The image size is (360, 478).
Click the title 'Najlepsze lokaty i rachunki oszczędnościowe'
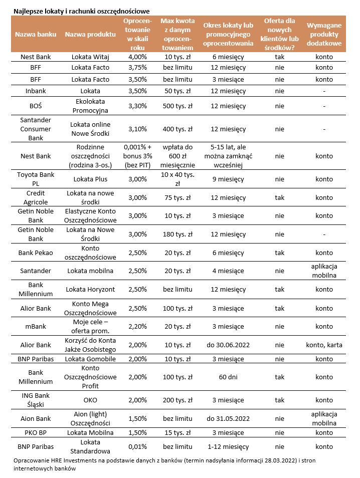coord(81,11)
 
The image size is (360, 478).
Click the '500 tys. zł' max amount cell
coord(177,106)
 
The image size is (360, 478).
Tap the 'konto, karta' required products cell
coord(324,345)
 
